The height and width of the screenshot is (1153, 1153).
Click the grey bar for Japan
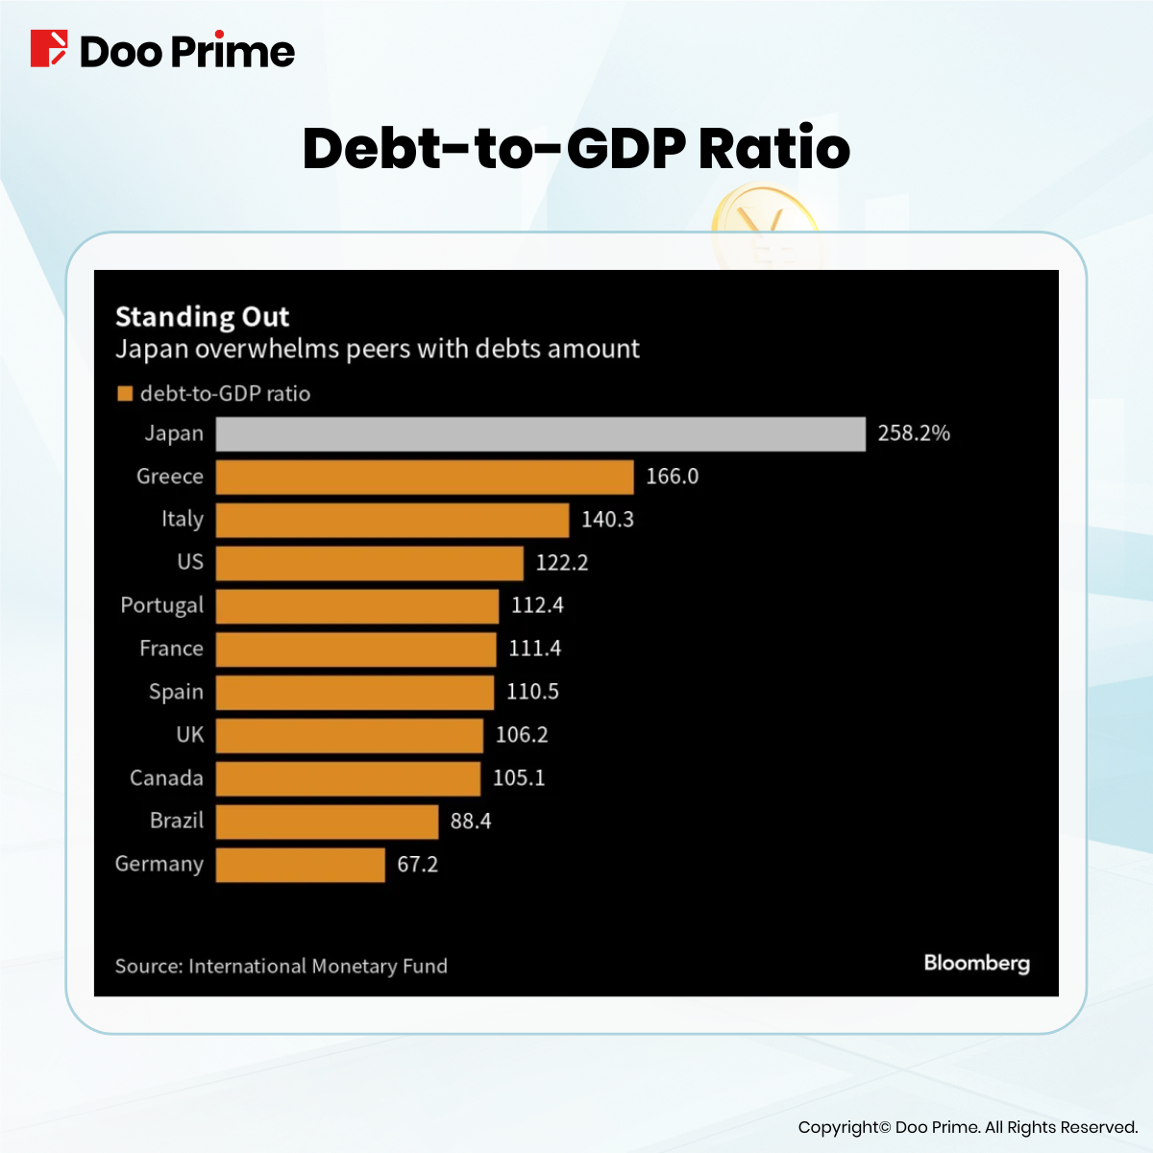[x=540, y=434]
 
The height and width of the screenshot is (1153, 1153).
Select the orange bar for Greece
[x=425, y=478]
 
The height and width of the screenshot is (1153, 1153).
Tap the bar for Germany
[x=300, y=865]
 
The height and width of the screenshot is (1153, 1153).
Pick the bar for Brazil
[x=327, y=822]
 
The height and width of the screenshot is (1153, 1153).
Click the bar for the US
[x=369, y=563]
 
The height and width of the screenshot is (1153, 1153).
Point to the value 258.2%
[x=913, y=433]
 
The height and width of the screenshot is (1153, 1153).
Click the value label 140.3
[x=607, y=520]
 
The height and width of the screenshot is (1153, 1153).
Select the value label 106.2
[x=522, y=735]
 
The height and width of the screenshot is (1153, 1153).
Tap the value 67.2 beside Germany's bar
[x=417, y=865]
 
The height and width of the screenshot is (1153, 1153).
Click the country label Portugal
[x=161, y=606]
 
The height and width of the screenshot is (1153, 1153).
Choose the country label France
[x=171, y=649]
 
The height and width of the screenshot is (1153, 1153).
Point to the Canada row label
[x=166, y=778]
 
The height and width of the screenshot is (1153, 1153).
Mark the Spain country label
[x=176, y=692]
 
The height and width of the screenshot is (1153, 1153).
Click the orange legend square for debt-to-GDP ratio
[x=124, y=394]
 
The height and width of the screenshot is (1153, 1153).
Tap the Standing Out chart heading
[x=202, y=317]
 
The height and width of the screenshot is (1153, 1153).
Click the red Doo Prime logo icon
[x=49, y=49]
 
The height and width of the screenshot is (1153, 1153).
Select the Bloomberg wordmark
[x=976, y=964]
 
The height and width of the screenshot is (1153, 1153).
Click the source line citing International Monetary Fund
[x=281, y=967]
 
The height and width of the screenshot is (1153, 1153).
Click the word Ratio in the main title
[x=773, y=149]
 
